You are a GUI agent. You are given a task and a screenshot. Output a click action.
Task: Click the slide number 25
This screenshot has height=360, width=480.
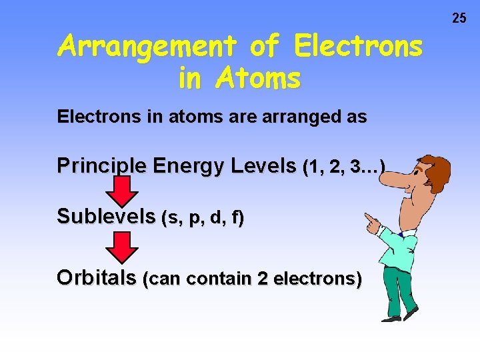click(x=459, y=18)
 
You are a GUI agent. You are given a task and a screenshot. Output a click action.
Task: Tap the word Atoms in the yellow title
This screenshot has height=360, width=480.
click(x=259, y=79)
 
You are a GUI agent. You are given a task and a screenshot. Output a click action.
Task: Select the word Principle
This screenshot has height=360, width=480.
click(x=101, y=165)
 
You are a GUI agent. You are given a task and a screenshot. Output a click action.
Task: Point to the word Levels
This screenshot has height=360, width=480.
click(x=263, y=165)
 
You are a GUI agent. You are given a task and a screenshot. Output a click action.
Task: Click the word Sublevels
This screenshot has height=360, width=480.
click(x=106, y=217)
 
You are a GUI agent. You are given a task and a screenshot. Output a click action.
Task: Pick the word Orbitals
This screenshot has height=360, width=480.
click(x=97, y=277)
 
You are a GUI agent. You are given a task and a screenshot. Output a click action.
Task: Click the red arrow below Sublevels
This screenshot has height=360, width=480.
click(x=123, y=247)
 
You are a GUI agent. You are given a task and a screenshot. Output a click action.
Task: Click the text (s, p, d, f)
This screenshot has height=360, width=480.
click(x=203, y=217)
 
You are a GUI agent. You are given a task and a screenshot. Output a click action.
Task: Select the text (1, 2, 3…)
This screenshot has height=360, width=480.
click(x=344, y=166)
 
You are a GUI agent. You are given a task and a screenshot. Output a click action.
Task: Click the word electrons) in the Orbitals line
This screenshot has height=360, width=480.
click(x=319, y=279)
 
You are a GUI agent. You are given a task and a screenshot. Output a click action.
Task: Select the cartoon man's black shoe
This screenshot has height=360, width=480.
click(x=409, y=314)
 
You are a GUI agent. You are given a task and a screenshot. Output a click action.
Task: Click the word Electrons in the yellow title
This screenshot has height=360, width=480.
click(x=359, y=47)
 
